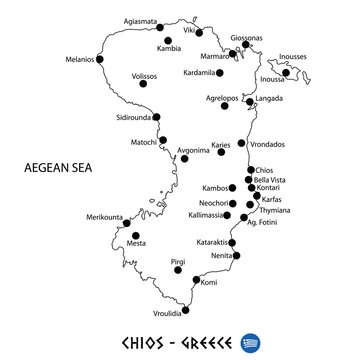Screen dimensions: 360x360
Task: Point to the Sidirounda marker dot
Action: (157, 117)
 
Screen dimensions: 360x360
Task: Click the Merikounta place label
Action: (105, 217)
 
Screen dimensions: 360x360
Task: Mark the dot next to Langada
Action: (249, 102)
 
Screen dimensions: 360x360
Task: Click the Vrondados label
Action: (267, 143)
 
